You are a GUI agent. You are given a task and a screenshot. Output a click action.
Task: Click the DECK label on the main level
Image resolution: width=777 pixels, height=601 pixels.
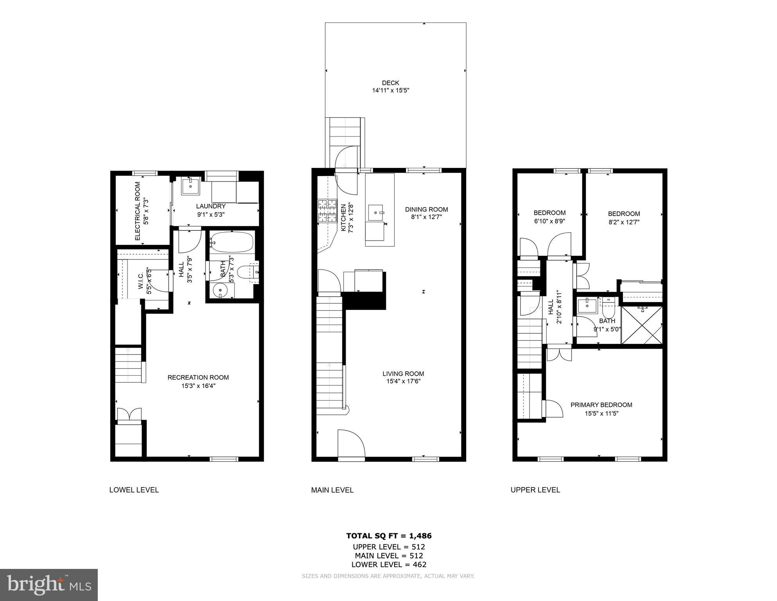(x=390, y=83)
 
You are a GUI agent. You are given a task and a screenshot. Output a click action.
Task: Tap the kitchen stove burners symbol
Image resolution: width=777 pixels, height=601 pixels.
(x=327, y=211)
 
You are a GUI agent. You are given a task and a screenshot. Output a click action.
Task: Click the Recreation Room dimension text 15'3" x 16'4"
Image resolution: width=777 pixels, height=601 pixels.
(x=198, y=386)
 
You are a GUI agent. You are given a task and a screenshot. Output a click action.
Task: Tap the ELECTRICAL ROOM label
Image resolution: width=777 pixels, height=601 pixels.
(x=137, y=211)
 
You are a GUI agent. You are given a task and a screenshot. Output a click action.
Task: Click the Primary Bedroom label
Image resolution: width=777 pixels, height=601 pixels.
(x=601, y=405)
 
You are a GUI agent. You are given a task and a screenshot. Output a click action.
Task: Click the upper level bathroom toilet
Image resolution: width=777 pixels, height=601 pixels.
(x=608, y=309)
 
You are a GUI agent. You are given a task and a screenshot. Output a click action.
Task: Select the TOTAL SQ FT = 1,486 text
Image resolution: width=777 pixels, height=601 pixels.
(x=389, y=536)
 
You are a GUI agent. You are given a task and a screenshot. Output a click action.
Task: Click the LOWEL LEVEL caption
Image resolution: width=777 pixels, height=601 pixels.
(x=134, y=490)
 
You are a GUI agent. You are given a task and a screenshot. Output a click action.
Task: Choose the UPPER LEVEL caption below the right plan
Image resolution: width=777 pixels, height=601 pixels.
(x=535, y=490)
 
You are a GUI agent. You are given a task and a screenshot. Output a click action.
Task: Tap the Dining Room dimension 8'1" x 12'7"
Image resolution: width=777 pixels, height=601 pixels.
(x=426, y=217)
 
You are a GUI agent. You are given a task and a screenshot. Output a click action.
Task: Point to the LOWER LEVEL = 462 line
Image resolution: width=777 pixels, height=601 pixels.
(x=389, y=565)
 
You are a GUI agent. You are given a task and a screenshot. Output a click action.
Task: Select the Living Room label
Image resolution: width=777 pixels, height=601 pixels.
(x=403, y=374)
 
